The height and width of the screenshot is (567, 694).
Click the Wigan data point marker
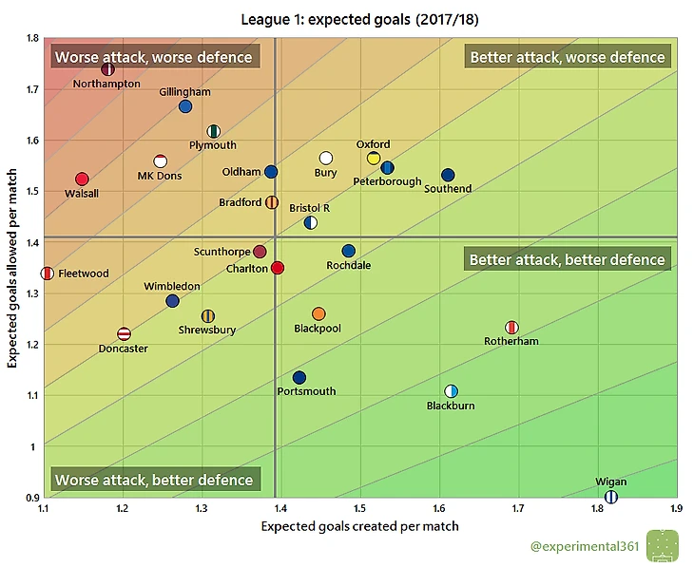(x=611, y=497)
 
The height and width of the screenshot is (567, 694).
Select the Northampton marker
(x=107, y=69)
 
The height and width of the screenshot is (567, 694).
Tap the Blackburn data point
(x=452, y=391)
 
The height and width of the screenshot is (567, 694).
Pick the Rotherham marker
(x=511, y=328)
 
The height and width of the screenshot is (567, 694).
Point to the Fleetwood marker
(x=48, y=274)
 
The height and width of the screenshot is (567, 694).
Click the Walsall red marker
(x=82, y=180)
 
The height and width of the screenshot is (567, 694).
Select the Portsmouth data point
(x=299, y=377)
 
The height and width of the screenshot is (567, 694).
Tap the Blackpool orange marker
(x=318, y=313)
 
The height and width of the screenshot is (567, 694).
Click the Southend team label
(x=448, y=189)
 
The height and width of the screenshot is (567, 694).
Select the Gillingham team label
(x=185, y=92)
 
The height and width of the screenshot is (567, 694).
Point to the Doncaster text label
(x=124, y=349)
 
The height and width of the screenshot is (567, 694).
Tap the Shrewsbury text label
(x=206, y=331)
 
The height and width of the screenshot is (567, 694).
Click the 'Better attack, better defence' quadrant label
(x=567, y=259)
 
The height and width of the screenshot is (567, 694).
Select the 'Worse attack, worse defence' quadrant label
(x=153, y=57)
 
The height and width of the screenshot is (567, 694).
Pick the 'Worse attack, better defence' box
(x=153, y=480)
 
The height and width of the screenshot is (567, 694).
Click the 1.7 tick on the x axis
(x=519, y=510)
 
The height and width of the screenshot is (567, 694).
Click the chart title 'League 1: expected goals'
(x=359, y=16)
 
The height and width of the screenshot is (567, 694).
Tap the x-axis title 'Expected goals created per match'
(x=359, y=526)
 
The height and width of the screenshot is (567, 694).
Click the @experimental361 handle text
(x=584, y=546)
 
